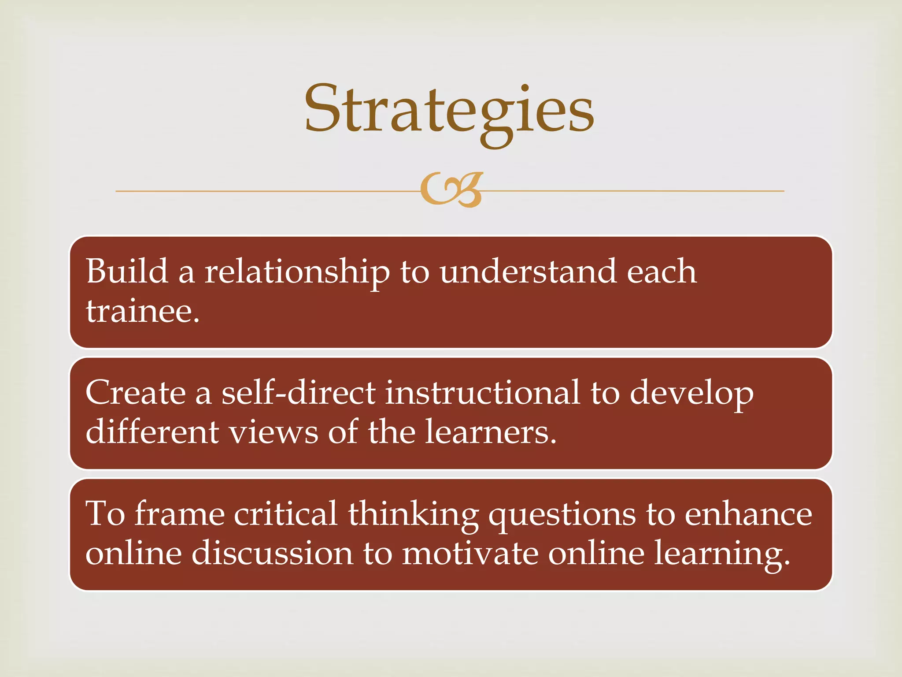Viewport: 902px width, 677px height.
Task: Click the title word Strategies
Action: click(x=449, y=110)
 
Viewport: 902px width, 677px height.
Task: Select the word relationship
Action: click(x=297, y=272)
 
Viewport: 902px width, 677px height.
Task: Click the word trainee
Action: click(x=142, y=311)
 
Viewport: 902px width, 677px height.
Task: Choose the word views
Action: click(x=274, y=432)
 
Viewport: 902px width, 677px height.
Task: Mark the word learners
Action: click(x=491, y=432)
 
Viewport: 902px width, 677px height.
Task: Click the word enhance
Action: click(x=748, y=514)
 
